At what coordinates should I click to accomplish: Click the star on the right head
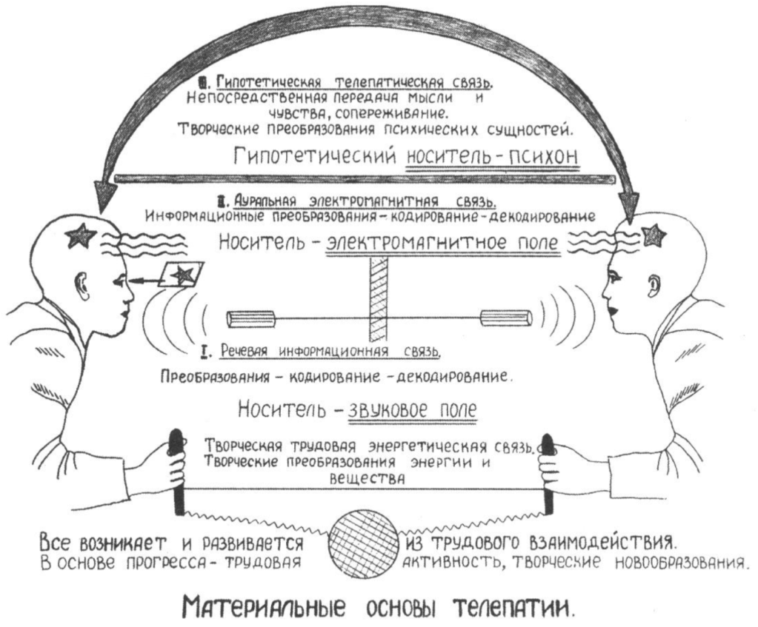653,235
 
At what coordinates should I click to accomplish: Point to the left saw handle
176,470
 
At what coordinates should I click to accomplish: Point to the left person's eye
119,281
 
